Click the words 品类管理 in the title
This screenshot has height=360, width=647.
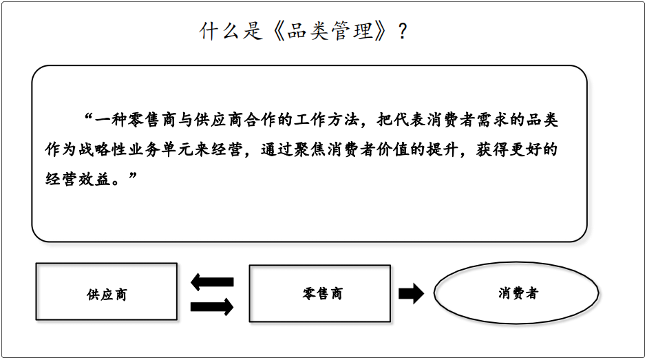point(330,31)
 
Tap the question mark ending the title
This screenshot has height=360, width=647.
point(403,32)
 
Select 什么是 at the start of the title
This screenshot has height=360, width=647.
point(231,31)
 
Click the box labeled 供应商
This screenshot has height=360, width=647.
point(107,291)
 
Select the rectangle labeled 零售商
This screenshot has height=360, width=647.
point(320,293)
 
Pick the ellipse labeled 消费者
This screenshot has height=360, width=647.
point(516,293)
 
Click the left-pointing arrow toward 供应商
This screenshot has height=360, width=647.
point(212,282)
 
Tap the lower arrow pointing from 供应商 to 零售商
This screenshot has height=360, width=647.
point(212,307)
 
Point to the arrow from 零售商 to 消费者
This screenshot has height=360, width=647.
point(412,293)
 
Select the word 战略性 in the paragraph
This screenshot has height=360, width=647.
point(103,149)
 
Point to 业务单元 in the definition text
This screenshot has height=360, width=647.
point(160,149)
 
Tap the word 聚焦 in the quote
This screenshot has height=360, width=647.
point(310,149)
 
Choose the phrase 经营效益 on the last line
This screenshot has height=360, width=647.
point(78,179)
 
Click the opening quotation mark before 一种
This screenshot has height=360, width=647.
point(88,116)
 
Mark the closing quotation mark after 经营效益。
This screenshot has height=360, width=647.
point(132,176)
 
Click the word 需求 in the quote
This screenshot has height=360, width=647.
point(493,120)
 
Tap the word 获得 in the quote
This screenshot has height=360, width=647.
point(492,149)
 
